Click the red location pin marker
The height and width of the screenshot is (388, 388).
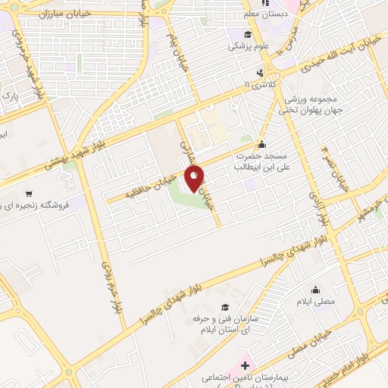pos(196,179)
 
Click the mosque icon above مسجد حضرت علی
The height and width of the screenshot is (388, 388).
pos(261,144)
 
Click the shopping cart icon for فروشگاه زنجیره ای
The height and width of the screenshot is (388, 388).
pos(29,192)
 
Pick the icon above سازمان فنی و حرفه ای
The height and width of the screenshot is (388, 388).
pos(224,308)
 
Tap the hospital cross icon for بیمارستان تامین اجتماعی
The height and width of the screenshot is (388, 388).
pos(243,365)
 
